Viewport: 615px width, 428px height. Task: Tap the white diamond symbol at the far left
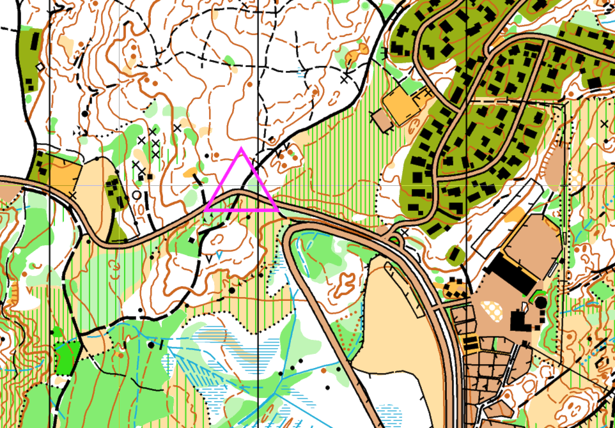tap(40, 66)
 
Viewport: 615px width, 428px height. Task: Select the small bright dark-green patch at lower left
tap(67, 353)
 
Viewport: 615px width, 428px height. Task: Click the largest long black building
tap(513, 271)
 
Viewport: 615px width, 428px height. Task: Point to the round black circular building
tap(541, 301)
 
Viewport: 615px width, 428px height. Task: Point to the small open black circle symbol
tap(136, 195)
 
